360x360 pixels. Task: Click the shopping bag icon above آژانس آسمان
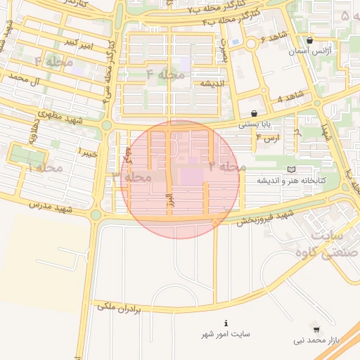point(310,40)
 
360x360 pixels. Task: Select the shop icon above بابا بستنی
point(254,112)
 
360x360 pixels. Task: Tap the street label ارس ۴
point(267,138)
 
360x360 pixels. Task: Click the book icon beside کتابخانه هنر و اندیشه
point(292,169)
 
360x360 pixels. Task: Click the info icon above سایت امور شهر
point(225,323)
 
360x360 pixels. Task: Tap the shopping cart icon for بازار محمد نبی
point(316,329)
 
